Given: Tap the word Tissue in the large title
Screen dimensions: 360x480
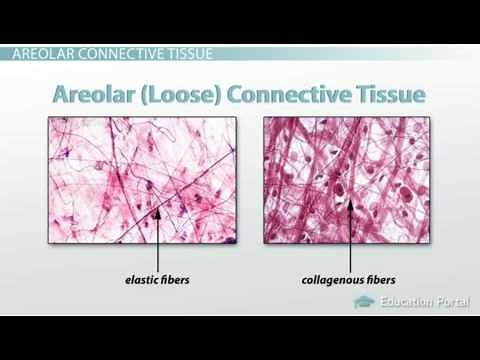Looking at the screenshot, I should [390, 96].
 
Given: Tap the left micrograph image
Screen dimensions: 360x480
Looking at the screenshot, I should [139, 179].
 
